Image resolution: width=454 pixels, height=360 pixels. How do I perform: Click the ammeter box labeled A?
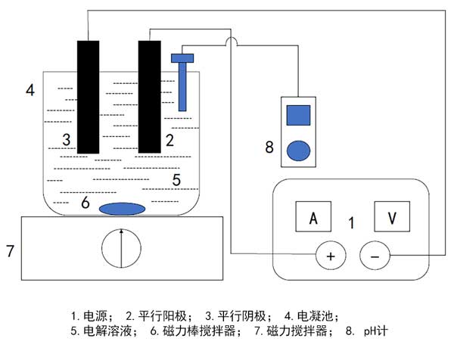pos(313,218)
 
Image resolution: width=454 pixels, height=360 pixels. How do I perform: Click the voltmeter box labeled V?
pos(391,218)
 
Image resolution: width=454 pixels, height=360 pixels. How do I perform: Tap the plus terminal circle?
pos(330,256)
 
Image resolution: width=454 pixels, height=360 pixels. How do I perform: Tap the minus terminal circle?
pos(375,256)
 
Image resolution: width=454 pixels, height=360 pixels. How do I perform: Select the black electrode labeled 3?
pos(88,95)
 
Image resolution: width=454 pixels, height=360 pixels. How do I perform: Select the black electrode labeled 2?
pos(149,95)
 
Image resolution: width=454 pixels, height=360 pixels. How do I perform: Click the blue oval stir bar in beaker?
pos(123,208)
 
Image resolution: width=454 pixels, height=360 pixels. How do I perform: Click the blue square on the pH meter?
pos(299,115)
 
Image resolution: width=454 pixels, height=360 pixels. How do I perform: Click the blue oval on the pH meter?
pos(299,150)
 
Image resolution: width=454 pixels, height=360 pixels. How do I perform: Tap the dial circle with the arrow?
pos(121,247)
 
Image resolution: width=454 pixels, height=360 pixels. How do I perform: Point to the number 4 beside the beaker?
pos(30,91)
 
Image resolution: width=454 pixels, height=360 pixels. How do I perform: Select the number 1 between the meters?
pos(352,223)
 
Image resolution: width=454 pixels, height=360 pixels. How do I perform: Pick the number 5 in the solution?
pos(176,180)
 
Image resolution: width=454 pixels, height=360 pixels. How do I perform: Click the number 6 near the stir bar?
pos(85,203)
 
